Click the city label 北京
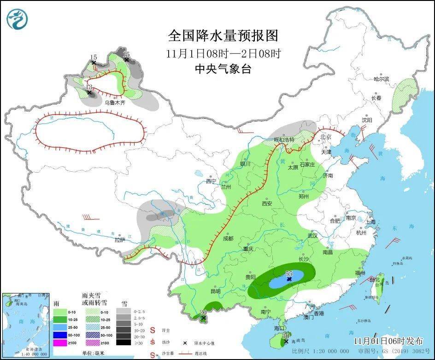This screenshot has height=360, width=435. click(326, 137)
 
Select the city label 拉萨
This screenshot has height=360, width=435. click(120, 239)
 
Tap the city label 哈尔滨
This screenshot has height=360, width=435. click(381, 79)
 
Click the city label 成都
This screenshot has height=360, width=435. click(228, 238)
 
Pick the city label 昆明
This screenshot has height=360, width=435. click(215, 291)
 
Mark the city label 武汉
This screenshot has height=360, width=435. click(313, 236)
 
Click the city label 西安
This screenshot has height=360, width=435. click(267, 203)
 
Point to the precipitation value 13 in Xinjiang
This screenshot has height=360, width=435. click(89, 87)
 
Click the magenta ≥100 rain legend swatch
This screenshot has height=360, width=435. click(60, 342)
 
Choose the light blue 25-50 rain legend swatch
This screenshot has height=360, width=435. click(60, 327)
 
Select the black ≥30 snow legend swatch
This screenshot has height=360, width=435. click(123, 342)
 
